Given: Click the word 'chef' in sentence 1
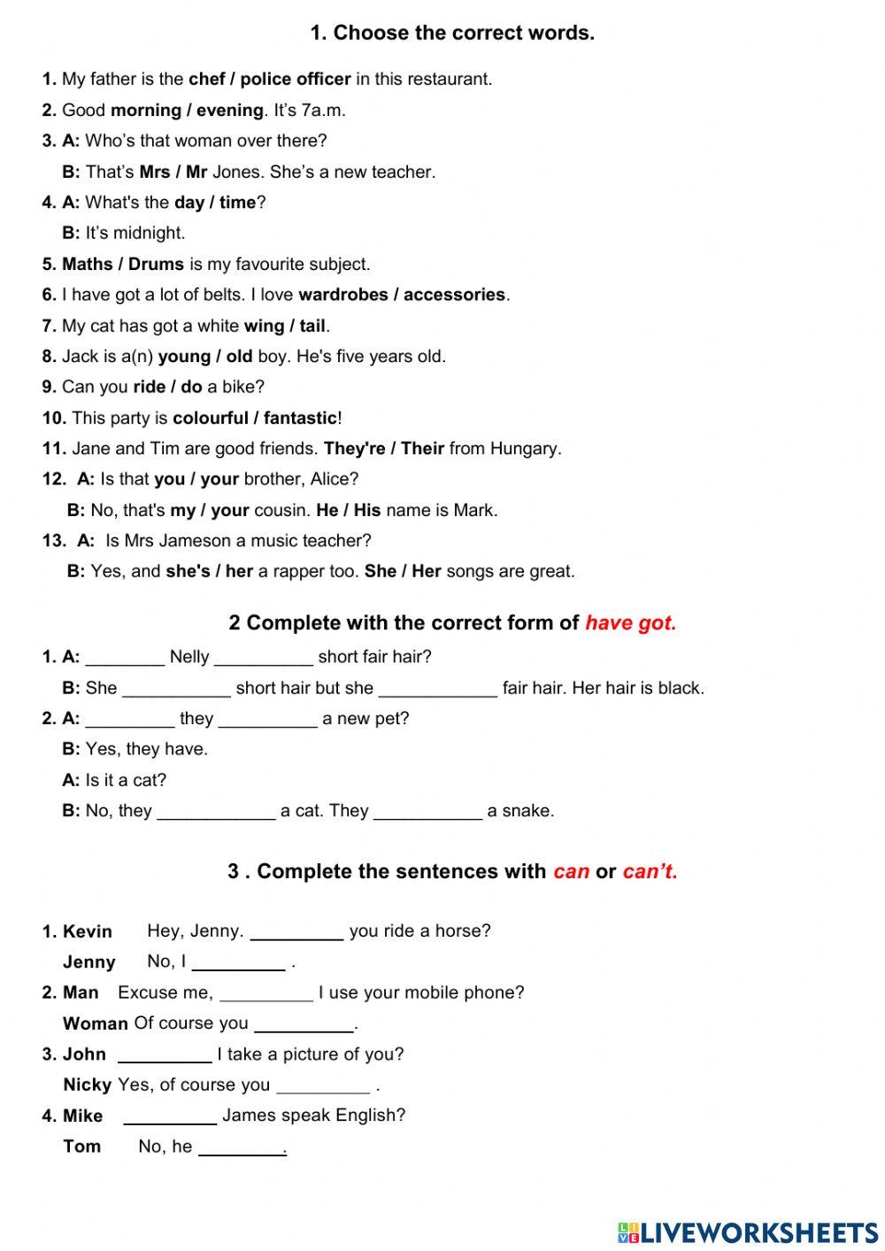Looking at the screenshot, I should tap(206, 79).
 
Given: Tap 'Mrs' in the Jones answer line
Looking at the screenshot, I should tap(155, 172).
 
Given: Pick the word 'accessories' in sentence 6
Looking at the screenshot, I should tap(454, 295).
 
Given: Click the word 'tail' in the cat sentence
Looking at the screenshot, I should tap(312, 326).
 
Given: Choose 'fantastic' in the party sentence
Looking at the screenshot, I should tap(300, 418).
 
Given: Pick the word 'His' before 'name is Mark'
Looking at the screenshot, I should tap(366, 510).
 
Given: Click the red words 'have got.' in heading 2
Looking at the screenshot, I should tap(630, 623).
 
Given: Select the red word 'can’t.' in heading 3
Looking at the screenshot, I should tap(650, 871).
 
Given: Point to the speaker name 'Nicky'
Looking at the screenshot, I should tap(87, 1085).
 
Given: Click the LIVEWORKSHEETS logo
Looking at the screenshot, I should tap(748, 1232).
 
